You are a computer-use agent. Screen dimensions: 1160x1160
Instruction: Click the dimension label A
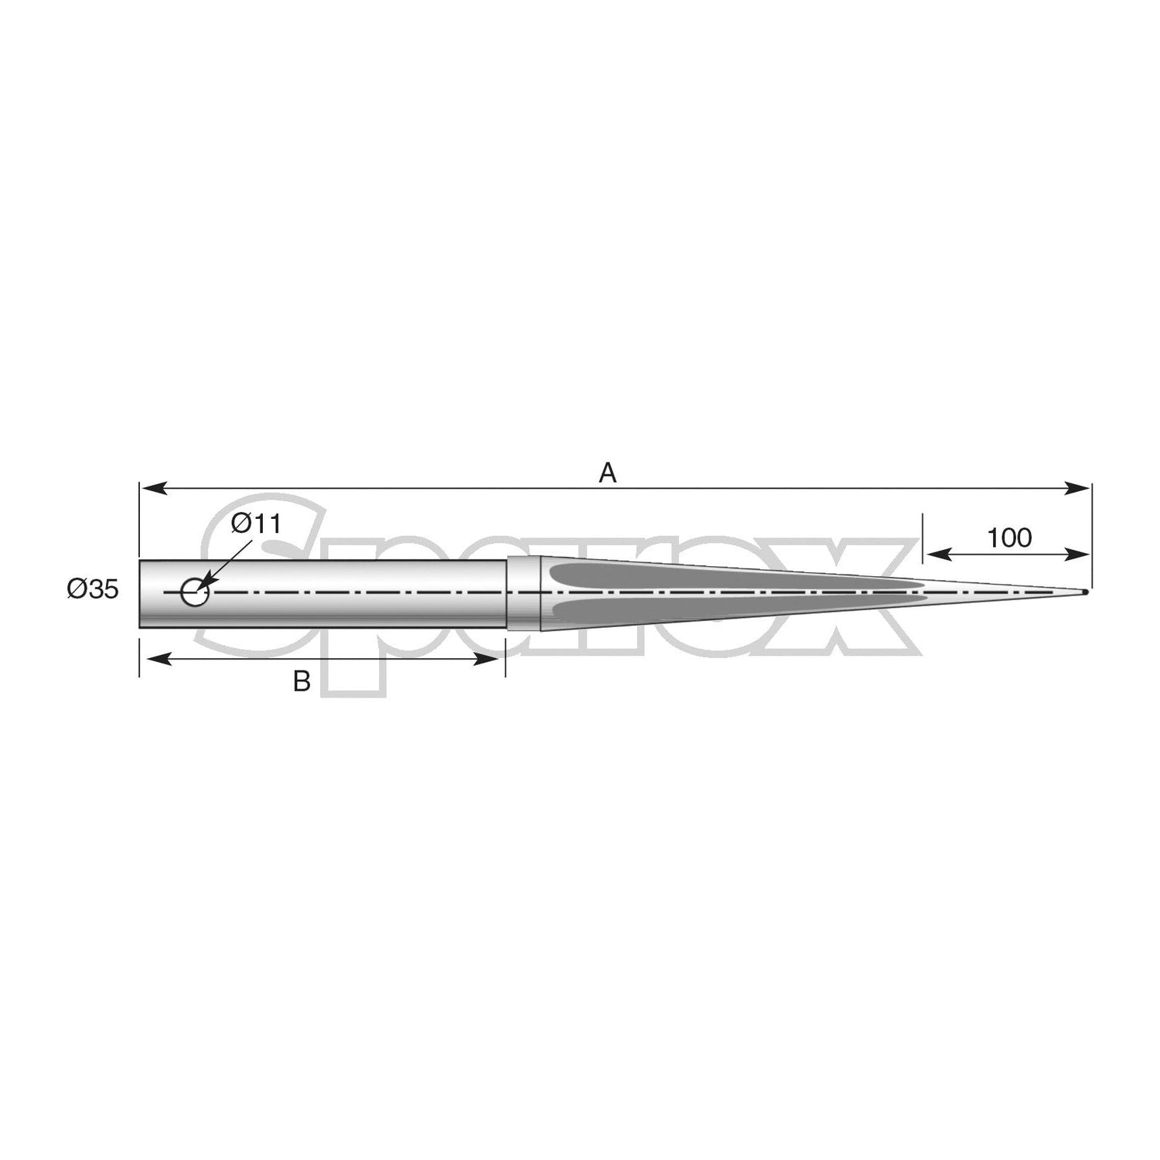[608, 473]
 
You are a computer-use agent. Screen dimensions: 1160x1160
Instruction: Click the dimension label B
[302, 681]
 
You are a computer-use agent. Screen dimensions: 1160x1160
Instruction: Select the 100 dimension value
[1009, 537]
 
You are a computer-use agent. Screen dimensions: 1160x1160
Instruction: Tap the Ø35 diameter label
[93, 590]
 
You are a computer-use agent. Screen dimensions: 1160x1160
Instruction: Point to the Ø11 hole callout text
[256, 524]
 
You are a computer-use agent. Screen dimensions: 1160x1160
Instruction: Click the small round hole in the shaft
[194, 593]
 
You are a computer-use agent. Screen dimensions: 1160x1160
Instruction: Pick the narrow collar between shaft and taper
[523, 593]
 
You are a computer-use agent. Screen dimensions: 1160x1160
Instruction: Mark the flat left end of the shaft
[141, 593]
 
